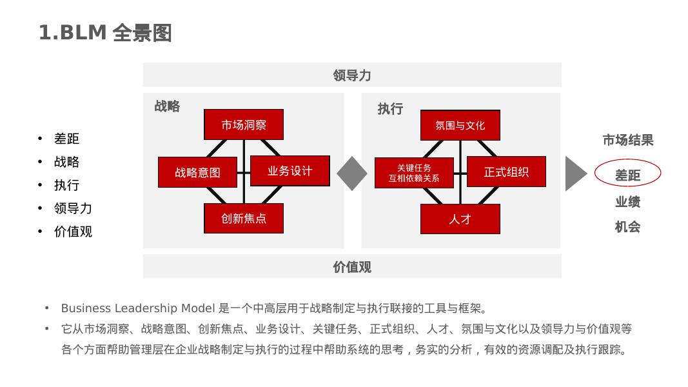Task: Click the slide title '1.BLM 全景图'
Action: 105,33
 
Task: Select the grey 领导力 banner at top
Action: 352,75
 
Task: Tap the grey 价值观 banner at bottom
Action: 352,266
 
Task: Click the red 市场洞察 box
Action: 244,124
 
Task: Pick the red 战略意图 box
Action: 197,172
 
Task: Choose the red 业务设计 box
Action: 290,171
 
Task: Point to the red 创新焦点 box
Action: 244,218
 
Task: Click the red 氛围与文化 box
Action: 460,125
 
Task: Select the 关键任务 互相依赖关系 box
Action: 414,172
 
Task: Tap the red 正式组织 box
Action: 506,172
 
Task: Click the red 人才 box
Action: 460,219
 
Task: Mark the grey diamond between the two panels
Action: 352,174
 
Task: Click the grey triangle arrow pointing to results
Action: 575,174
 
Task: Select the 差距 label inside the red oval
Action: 627,175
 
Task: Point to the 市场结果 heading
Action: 627,140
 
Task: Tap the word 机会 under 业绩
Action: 627,227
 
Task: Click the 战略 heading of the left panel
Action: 167,106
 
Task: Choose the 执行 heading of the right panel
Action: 390,109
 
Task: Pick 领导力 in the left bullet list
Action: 73,208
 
